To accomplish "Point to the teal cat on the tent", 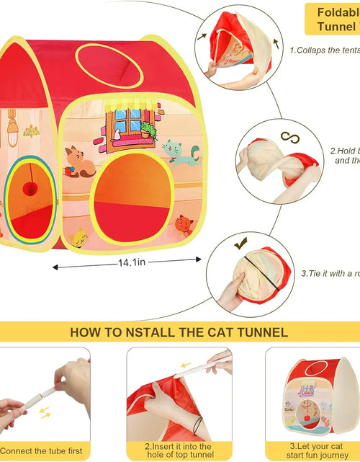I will click(x=172, y=152).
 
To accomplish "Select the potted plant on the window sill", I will click(x=148, y=130).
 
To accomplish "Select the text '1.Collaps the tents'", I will click(x=323, y=50).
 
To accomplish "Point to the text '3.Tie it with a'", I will click(x=331, y=273).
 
